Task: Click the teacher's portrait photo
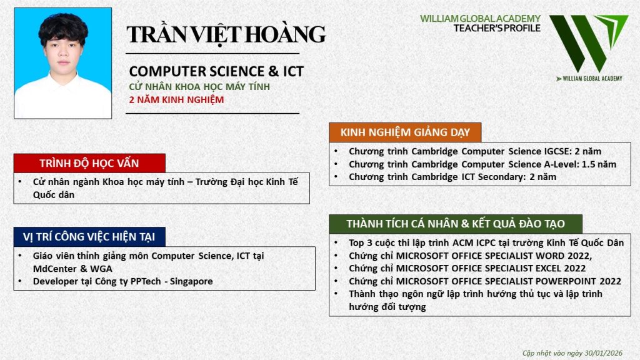coord(63,63)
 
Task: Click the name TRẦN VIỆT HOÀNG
coord(226,34)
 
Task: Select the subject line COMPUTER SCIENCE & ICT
coord(216,71)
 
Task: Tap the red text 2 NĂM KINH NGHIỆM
coord(176,100)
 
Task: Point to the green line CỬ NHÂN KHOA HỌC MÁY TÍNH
coord(199,86)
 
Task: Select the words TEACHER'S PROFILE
coord(497,28)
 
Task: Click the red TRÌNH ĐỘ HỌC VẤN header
coord(89,163)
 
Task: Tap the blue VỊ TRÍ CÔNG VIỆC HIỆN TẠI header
coord(89,237)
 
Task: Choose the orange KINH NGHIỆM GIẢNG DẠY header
coord(405,132)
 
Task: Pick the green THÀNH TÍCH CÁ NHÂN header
coord(456,224)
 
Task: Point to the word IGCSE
coord(557,151)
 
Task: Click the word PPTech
coord(146,281)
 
